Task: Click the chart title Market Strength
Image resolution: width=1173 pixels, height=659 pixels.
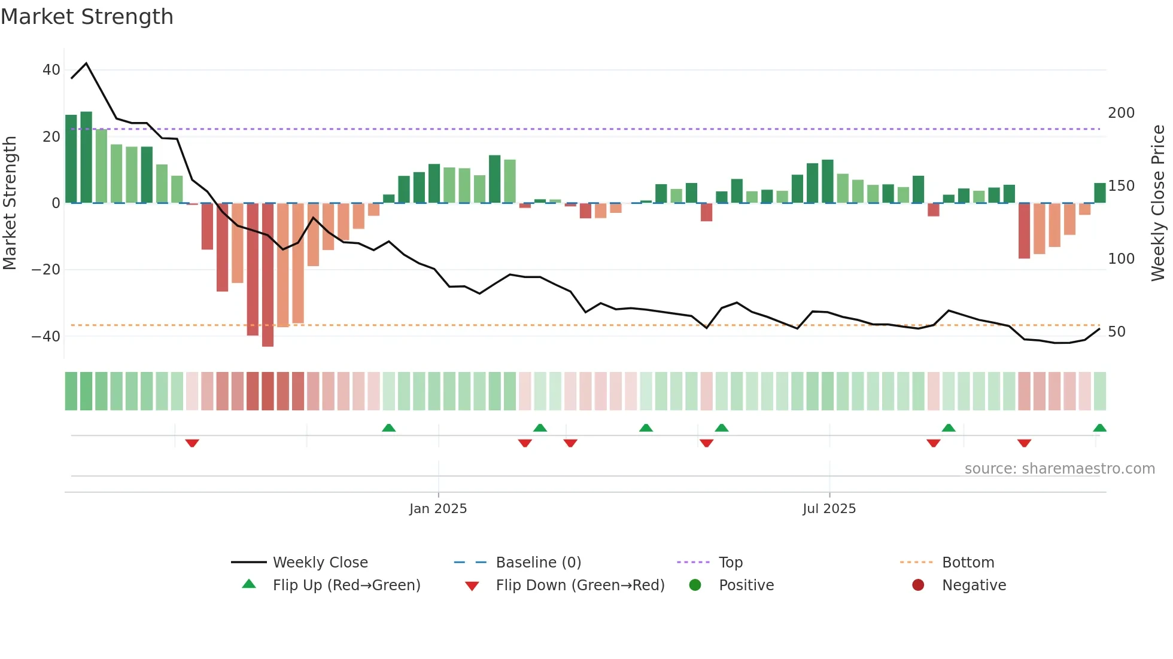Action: click(87, 17)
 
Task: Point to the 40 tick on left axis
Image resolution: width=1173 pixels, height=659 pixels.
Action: click(51, 70)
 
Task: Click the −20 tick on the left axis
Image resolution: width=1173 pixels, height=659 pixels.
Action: click(46, 270)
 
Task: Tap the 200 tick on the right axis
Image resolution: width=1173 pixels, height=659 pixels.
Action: click(1121, 113)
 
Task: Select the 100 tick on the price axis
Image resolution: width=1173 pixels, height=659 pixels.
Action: click(1121, 259)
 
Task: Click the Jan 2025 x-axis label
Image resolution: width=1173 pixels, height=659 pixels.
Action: click(438, 509)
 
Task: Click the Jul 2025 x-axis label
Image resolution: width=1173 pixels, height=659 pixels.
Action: click(829, 509)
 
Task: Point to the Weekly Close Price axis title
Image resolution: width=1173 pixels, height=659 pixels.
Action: click(1158, 203)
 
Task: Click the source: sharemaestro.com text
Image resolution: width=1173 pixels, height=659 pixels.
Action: click(1059, 469)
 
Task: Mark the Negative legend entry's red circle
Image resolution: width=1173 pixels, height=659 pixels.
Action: click(918, 585)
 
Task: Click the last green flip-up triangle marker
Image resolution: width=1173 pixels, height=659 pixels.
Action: click(1099, 428)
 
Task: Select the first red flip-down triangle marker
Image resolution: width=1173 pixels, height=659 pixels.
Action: click(192, 443)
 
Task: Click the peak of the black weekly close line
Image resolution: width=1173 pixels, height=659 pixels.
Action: click(87, 63)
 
